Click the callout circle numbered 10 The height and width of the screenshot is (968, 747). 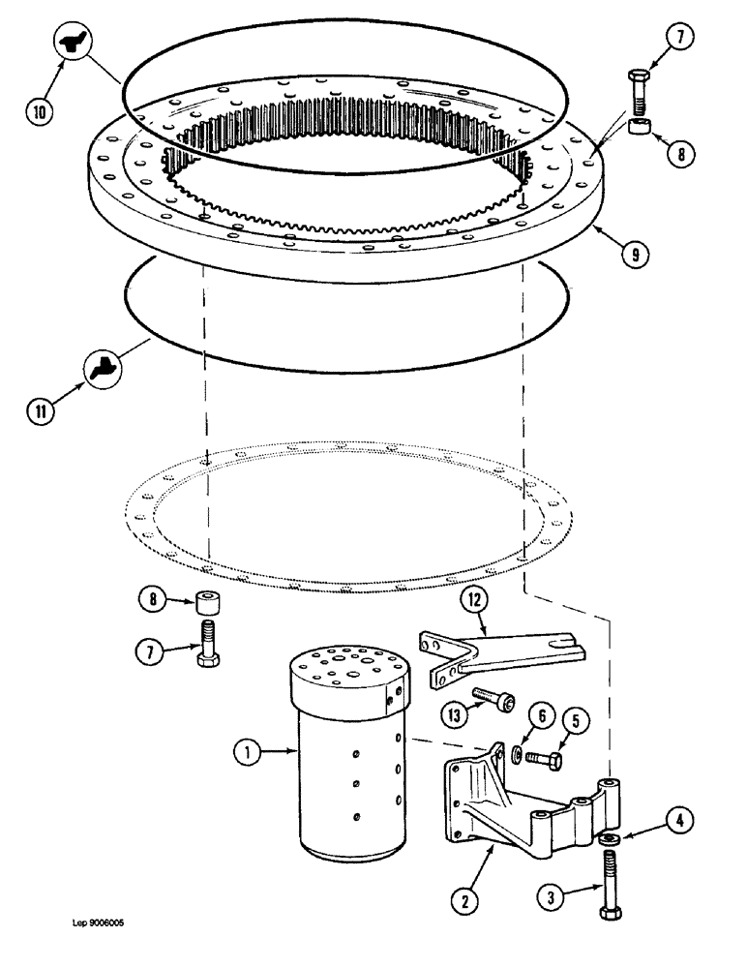pos(40,112)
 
